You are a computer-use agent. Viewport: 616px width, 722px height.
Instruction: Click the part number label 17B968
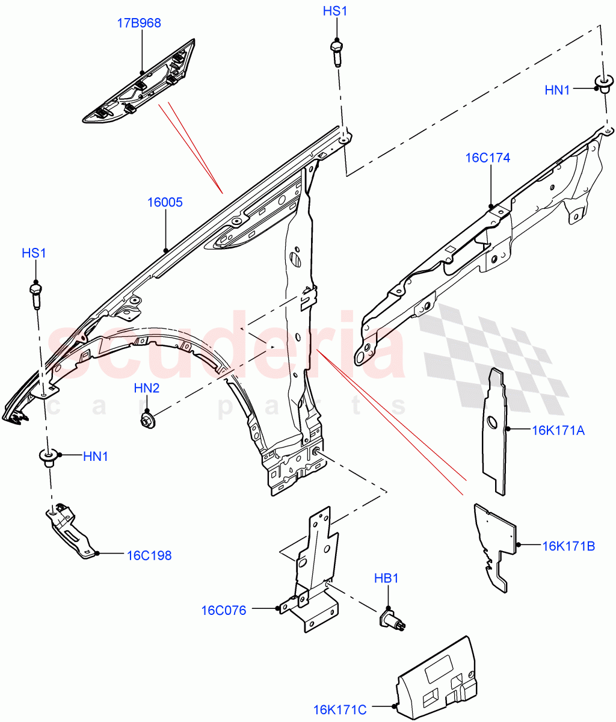click(138, 23)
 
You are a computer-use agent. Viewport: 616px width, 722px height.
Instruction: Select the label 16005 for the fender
click(165, 202)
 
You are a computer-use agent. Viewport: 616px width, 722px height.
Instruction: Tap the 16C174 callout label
click(487, 158)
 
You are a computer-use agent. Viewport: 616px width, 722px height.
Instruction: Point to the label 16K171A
click(558, 430)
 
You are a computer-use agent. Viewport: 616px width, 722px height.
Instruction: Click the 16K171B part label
click(568, 546)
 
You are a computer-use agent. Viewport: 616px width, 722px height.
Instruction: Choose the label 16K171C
click(340, 710)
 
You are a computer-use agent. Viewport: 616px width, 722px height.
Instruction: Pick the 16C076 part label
click(223, 611)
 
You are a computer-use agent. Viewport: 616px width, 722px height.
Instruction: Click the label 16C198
click(149, 555)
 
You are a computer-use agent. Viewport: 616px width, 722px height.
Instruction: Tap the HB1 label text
click(386, 579)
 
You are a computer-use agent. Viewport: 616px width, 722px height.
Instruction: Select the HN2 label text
click(147, 389)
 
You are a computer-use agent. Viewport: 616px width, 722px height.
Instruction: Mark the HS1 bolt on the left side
click(35, 294)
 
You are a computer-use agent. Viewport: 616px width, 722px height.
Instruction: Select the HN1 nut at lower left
click(48, 458)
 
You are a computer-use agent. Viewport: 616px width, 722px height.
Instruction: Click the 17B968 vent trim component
click(140, 84)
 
